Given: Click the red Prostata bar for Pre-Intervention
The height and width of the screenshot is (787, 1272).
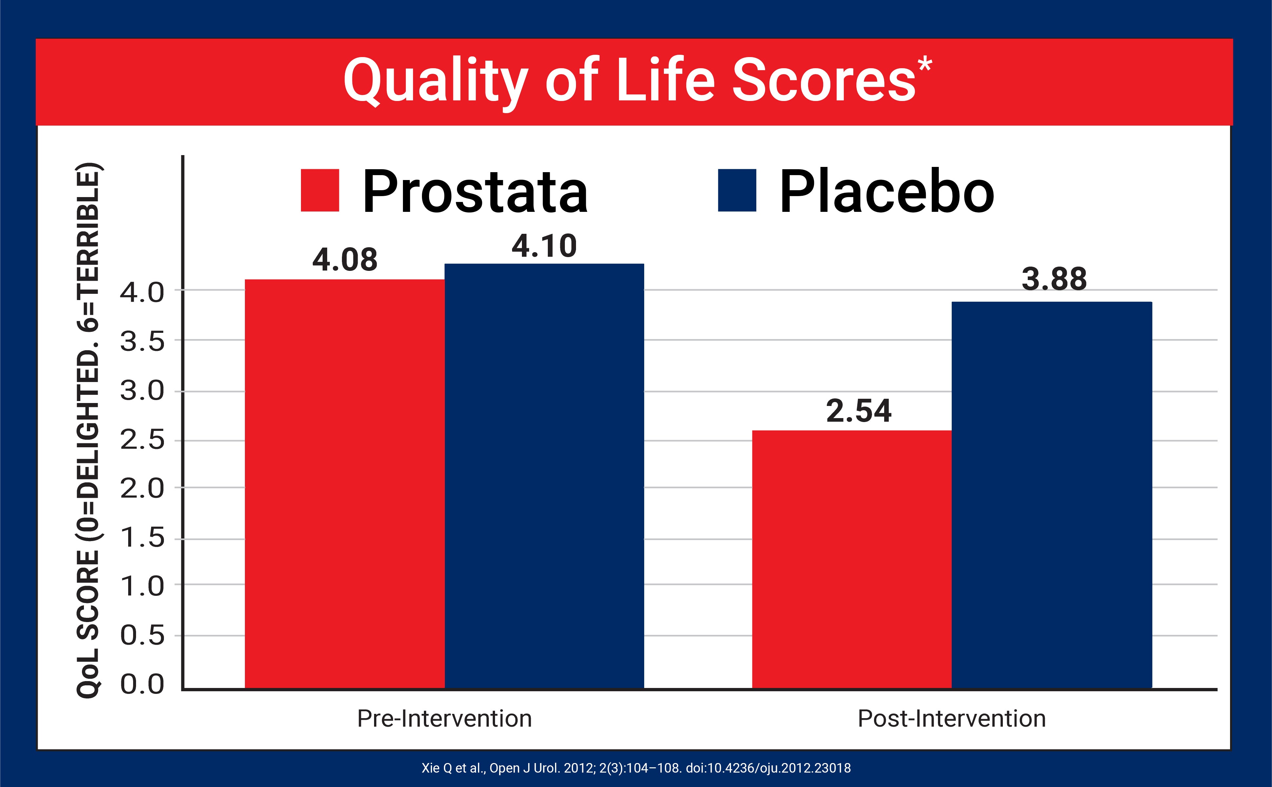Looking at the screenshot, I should click(345, 484).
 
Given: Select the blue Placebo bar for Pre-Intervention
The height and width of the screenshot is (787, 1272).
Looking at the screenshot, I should click(544, 476).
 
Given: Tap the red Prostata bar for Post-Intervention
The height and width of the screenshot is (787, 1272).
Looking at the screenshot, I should click(852, 559).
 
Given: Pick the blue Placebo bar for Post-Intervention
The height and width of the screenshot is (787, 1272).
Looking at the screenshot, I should click(1051, 494).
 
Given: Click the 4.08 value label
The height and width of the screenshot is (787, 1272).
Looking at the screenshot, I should click(345, 260).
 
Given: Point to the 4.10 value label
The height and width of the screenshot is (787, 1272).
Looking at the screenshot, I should click(544, 246).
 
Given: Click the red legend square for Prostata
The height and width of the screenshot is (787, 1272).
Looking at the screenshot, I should click(320, 191).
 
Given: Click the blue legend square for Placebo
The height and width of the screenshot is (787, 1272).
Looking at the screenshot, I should click(737, 191).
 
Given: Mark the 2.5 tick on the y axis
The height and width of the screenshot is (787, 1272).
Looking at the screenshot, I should click(142, 441).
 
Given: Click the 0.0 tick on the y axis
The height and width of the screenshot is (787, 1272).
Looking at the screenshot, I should click(142, 684).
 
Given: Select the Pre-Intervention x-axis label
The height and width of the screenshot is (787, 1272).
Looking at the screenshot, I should click(444, 719).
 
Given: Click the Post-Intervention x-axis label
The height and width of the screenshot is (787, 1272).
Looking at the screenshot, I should click(951, 719).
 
